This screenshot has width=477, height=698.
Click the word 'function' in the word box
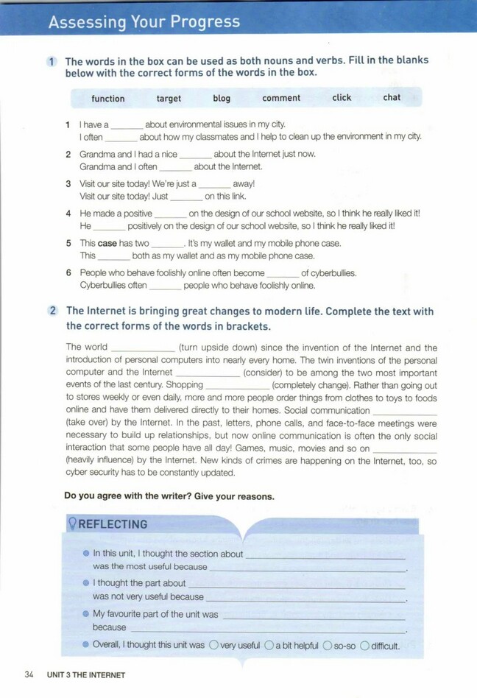coord(108,99)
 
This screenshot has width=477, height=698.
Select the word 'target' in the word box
coord(169,99)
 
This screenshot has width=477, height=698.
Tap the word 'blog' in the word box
coord(222,99)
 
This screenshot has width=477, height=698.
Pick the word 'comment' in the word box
coord(281,98)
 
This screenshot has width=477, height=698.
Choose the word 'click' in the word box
coord(342,98)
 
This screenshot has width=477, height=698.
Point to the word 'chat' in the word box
coord(392,97)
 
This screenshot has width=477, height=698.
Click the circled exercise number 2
coord(53,311)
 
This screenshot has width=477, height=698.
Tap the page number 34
coord(29,674)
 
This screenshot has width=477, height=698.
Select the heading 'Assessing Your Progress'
coord(144,22)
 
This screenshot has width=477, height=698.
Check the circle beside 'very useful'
coord(213,645)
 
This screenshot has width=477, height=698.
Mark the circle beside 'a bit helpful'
coord(269,645)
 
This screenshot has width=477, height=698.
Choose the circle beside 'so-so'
coord(328,645)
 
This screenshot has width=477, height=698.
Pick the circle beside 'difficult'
coord(364,645)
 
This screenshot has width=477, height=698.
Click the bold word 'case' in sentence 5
coord(107,243)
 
